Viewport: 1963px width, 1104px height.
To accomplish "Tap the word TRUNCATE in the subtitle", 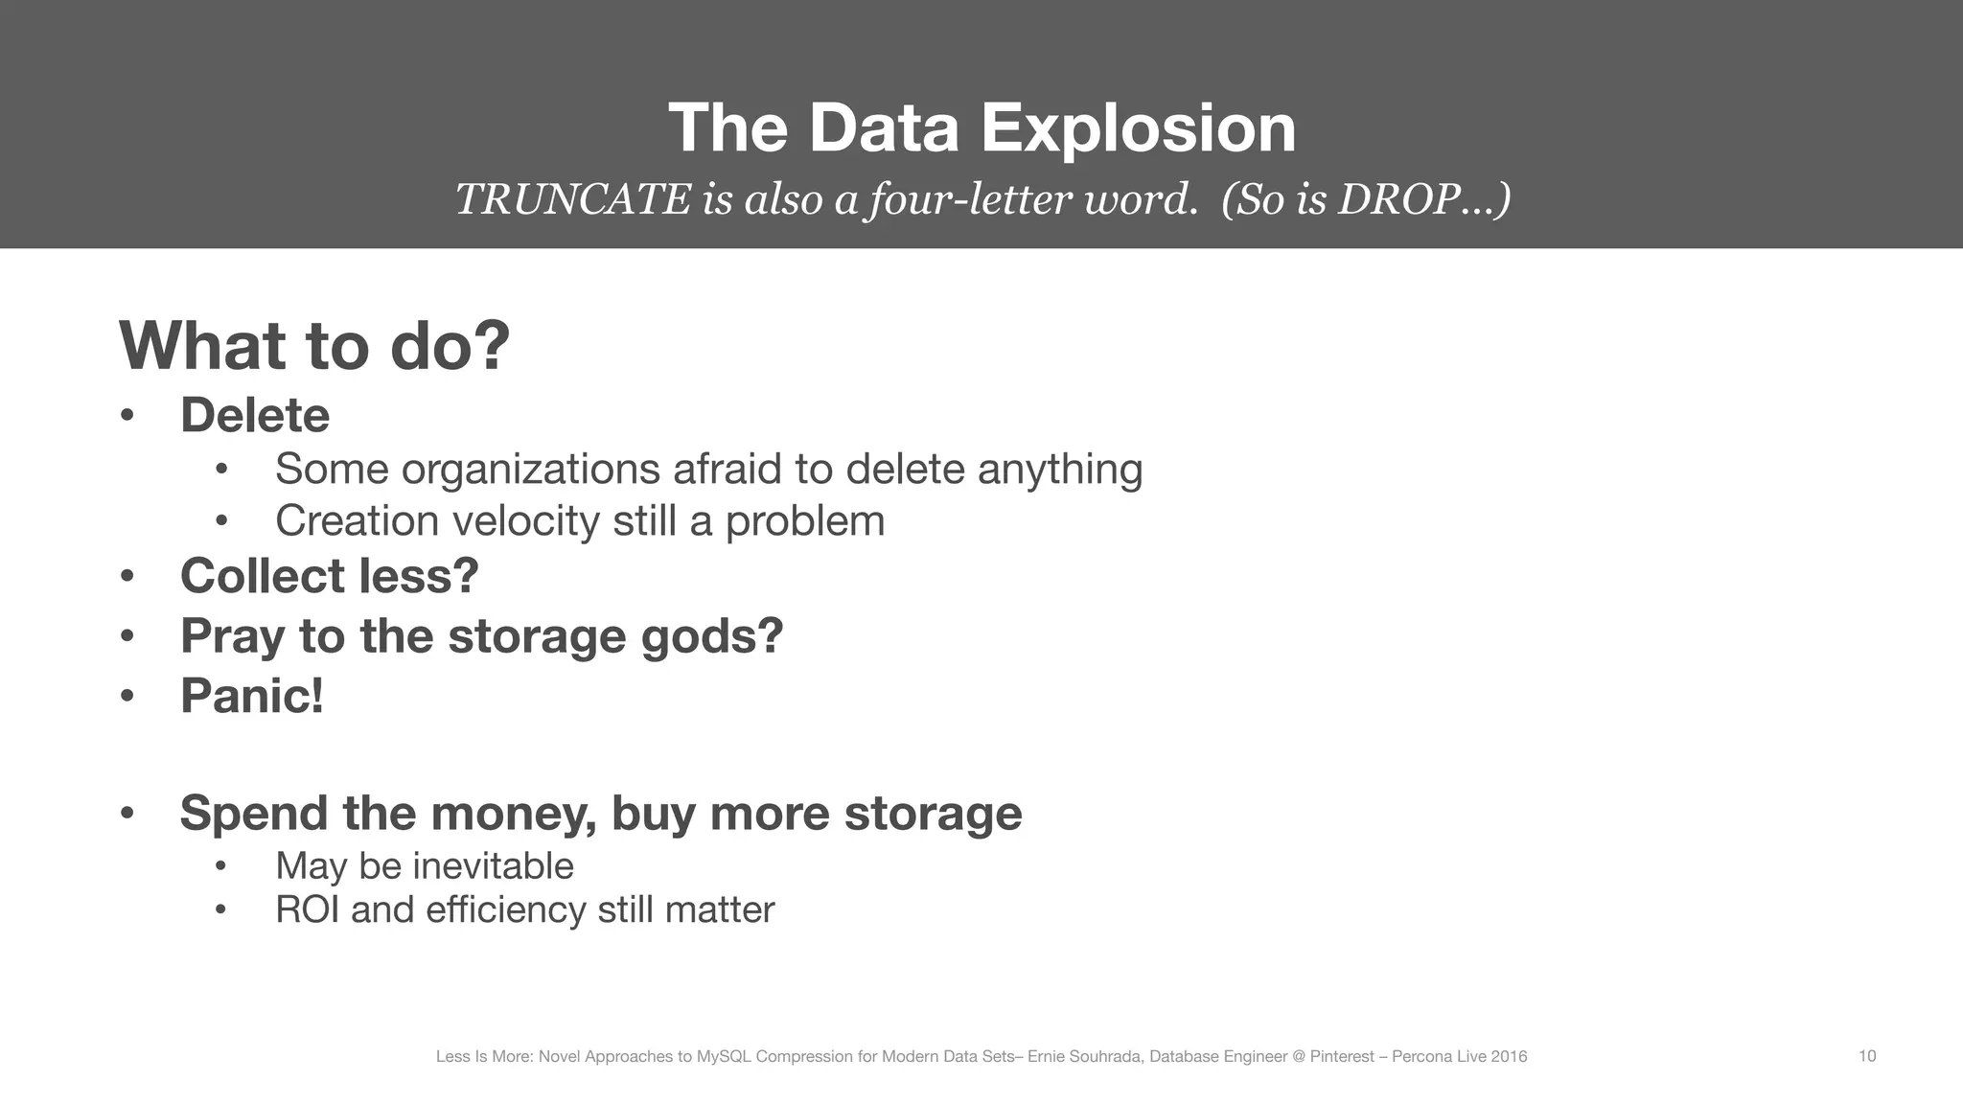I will click(x=572, y=199).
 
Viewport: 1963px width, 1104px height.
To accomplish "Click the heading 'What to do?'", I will click(x=314, y=346).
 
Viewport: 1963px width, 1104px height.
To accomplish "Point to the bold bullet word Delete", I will click(x=255, y=416).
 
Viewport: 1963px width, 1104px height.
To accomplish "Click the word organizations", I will click(x=530, y=470).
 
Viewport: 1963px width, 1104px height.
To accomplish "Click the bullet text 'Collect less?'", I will click(x=329, y=576).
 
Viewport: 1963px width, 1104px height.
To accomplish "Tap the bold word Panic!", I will click(x=252, y=696).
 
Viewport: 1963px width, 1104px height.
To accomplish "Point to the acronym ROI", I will click(x=307, y=909).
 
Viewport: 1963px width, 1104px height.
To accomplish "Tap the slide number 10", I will click(x=1867, y=1056).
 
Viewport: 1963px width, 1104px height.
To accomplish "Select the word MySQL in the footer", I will click(x=722, y=1057).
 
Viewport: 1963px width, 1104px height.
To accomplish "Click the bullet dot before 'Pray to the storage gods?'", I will click(x=127, y=636).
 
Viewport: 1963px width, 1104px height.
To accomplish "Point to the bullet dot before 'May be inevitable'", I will click(x=220, y=866).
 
